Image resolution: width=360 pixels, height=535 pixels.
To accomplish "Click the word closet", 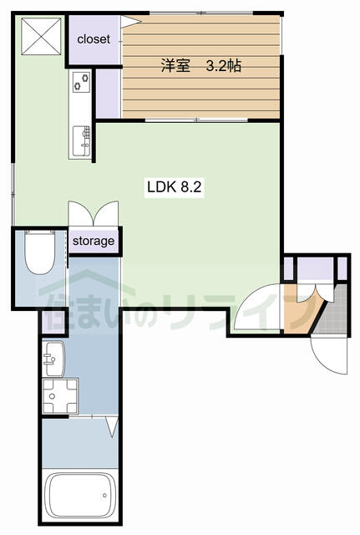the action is (x=94, y=39).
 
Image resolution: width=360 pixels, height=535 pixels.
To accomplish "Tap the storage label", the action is (x=94, y=242).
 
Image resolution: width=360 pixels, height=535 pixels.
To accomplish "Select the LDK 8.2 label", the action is (x=175, y=187).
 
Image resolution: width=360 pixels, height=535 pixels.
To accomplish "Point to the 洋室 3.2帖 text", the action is (x=201, y=65).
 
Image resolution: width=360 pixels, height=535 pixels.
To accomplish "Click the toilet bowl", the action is (x=40, y=252).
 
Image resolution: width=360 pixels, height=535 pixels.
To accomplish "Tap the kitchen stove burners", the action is (x=82, y=82).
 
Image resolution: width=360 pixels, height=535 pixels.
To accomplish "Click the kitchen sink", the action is (x=82, y=140).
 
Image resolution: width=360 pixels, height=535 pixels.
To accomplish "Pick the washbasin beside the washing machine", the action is (x=53, y=359).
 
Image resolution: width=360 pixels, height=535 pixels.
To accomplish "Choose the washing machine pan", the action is (x=60, y=395).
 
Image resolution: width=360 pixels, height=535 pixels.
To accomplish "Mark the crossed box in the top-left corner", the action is (x=41, y=36).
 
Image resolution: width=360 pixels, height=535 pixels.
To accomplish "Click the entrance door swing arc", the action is (x=329, y=354).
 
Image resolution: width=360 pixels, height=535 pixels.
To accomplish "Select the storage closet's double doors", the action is (x=94, y=214).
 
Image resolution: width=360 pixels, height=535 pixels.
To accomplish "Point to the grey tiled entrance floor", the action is (x=332, y=312).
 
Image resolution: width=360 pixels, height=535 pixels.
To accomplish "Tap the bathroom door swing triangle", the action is (x=112, y=426).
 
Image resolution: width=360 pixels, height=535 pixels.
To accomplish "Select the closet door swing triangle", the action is (x=130, y=20).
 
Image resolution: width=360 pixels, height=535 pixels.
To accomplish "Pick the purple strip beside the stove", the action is (x=108, y=94).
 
